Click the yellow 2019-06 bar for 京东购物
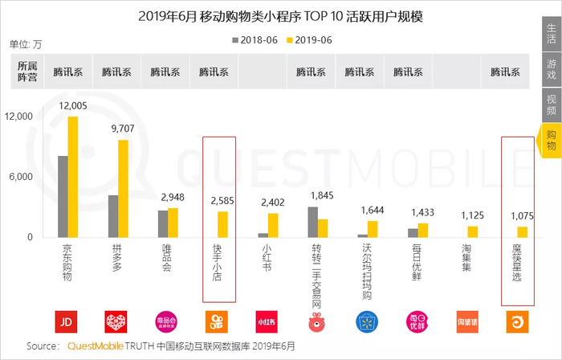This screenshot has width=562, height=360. tap(73, 177)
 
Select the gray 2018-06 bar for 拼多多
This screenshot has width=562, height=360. tap(113, 216)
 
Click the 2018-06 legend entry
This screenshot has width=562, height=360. tap(256, 39)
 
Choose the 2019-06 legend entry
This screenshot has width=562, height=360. tap(307, 39)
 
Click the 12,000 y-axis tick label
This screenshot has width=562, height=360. tap(18, 117)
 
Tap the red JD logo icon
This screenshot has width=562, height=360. tap(67, 321)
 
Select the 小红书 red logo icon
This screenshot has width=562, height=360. tap(267, 321)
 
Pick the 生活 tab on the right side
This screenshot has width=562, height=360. tap(552, 33)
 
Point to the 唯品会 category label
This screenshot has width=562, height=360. tap(167, 258)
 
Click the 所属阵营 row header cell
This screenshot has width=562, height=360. tap(26, 71)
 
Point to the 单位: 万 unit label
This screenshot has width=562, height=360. tap(26, 44)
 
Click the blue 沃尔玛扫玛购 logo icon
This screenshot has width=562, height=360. tap(366, 321)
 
